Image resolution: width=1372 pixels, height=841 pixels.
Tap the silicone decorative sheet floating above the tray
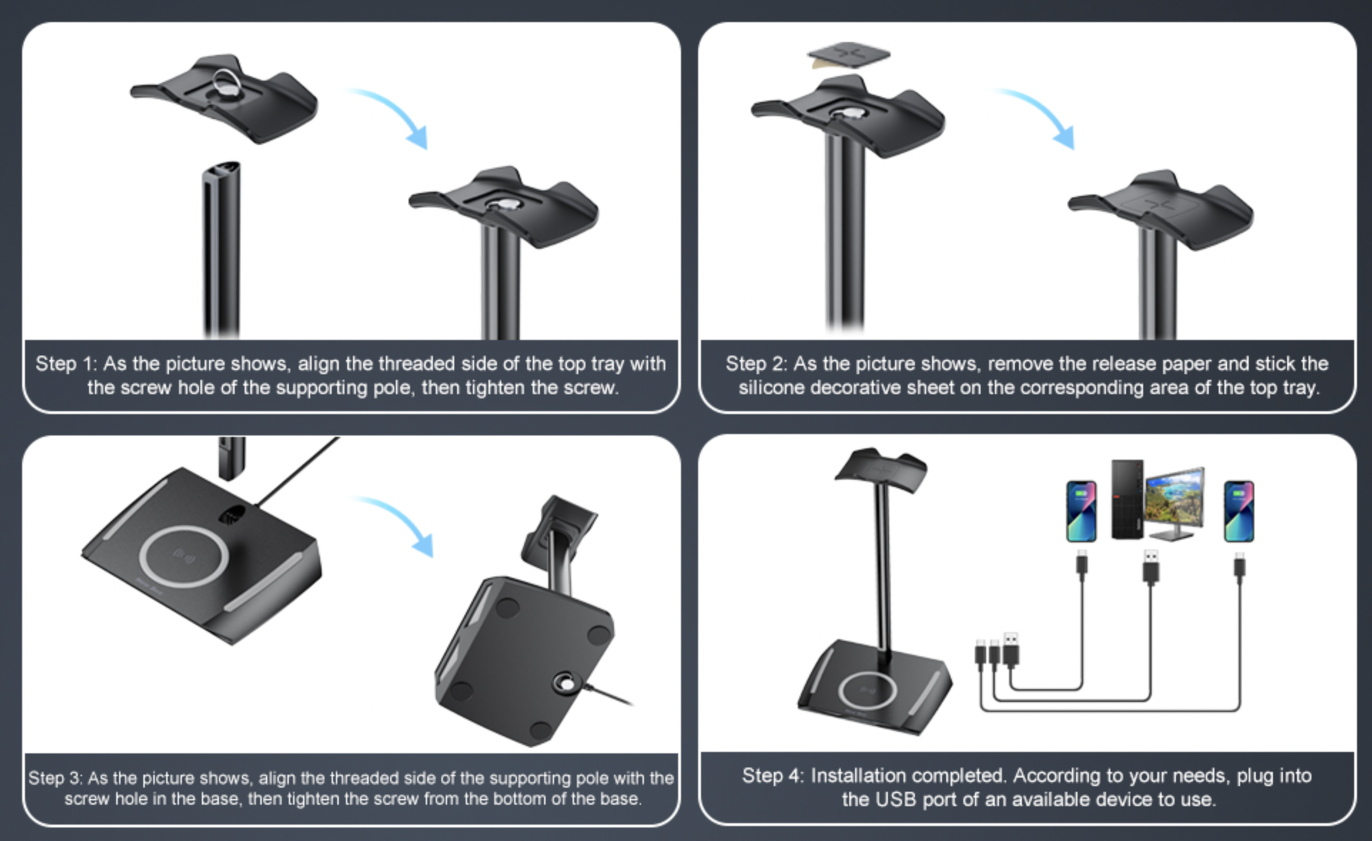[849, 54]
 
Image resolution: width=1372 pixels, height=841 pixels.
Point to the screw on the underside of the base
[567, 683]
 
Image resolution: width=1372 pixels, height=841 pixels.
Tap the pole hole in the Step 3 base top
[232, 514]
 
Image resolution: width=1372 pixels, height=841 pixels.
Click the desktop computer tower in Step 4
[1127, 500]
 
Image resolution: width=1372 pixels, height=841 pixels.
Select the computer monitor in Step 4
[1174, 503]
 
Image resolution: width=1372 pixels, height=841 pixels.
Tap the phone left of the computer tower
[1081, 511]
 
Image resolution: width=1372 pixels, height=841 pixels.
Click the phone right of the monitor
[1239, 511]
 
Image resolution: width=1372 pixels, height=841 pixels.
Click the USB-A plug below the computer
[1150, 567]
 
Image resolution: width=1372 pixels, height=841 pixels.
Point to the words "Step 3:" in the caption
[56, 778]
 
